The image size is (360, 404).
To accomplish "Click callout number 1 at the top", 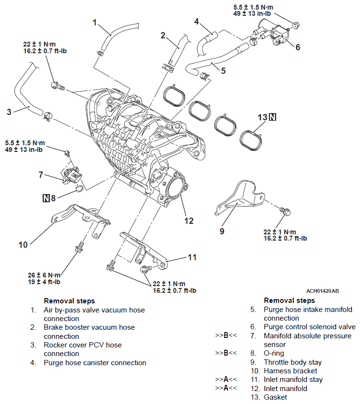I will click(x=95, y=22).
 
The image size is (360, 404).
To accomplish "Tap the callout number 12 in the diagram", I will click(x=189, y=220).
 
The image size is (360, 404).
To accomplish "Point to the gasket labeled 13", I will click(x=251, y=139).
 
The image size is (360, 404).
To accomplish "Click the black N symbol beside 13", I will click(x=273, y=117).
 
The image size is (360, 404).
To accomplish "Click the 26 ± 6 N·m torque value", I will click(x=44, y=275).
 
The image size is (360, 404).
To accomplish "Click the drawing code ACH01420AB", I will click(x=322, y=291).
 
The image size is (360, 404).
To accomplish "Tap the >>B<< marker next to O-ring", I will click(x=226, y=353).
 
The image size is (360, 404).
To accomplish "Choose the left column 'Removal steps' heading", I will click(x=69, y=301).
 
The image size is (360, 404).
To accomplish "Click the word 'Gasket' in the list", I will click(x=275, y=397).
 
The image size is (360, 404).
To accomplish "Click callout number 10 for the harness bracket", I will click(x=23, y=245).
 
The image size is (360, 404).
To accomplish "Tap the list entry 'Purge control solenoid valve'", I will click(x=310, y=327).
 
